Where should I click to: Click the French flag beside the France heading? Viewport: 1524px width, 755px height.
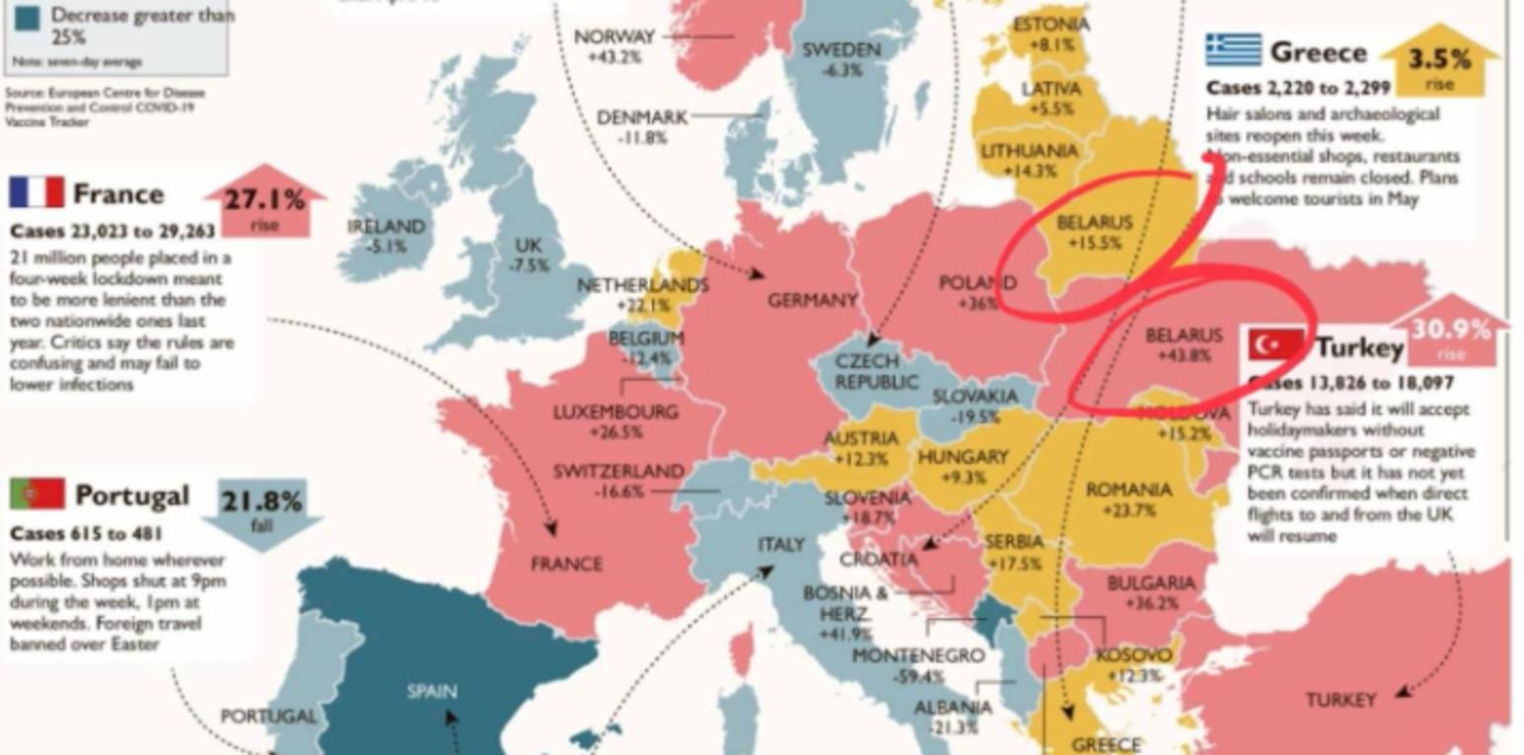(36, 192)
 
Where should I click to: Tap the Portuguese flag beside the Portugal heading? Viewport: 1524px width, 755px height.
(37, 493)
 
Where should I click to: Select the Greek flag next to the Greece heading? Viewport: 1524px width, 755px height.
(1233, 49)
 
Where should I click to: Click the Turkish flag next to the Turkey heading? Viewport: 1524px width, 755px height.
(1276, 344)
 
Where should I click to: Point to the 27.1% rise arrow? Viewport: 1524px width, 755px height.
(264, 202)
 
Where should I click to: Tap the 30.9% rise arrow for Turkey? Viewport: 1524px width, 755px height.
(1450, 334)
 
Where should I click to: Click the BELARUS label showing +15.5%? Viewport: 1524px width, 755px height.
(1094, 232)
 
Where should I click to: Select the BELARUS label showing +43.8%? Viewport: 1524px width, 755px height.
(1184, 345)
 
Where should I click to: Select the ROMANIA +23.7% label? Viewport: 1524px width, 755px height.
(1129, 499)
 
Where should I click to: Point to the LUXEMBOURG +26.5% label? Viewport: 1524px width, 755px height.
(616, 420)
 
